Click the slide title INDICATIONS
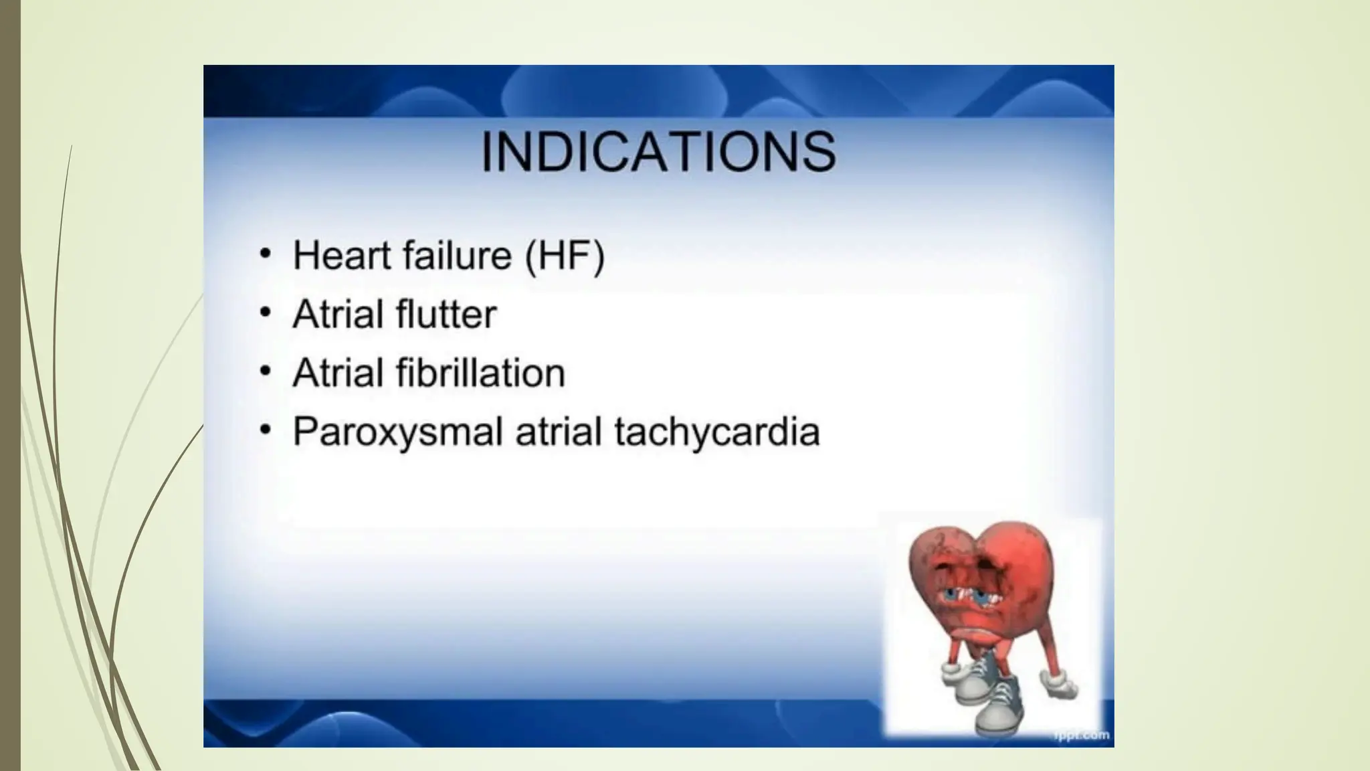point(658,152)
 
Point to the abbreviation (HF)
point(565,256)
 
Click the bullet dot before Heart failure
point(266,254)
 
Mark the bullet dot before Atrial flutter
point(266,312)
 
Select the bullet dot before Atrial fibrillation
point(266,371)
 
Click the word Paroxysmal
point(397,432)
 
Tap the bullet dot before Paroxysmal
point(266,430)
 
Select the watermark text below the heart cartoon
point(1082,736)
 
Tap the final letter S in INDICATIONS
point(817,152)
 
